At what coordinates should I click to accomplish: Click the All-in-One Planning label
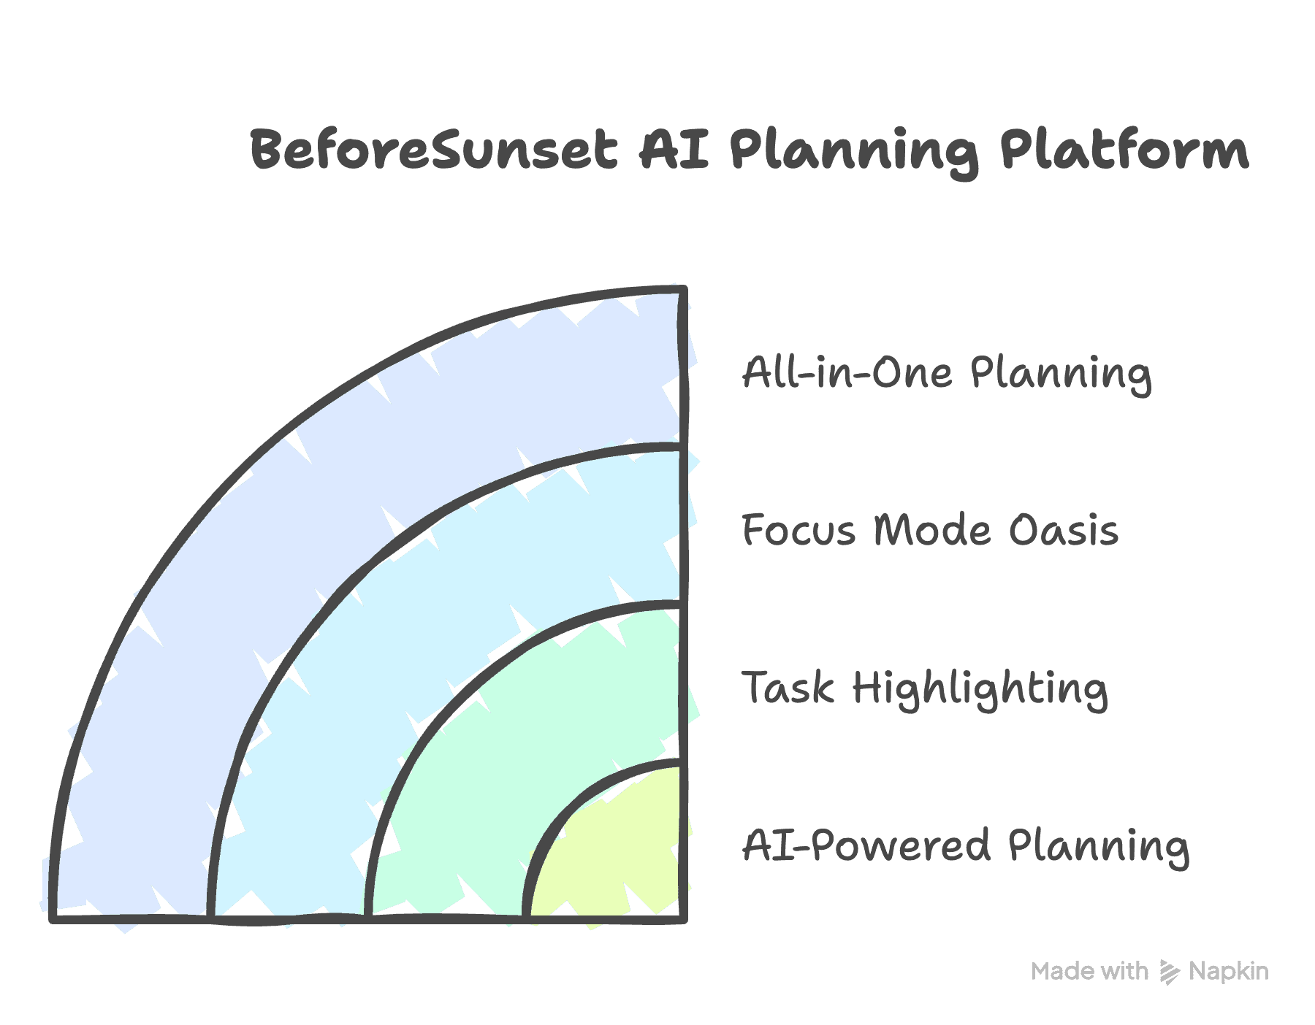(947, 374)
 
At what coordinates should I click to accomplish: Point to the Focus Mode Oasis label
(930, 530)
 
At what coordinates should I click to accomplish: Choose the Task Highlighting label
(925, 689)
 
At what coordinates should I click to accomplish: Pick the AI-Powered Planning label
(966, 847)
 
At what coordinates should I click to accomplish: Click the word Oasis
(1064, 530)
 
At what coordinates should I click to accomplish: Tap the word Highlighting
(980, 690)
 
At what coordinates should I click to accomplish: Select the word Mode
(933, 530)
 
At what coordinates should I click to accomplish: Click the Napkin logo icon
(1170, 972)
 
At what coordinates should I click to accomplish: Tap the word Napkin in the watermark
(1229, 972)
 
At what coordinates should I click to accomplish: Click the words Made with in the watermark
(1089, 972)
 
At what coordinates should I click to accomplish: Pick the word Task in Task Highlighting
(788, 688)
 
